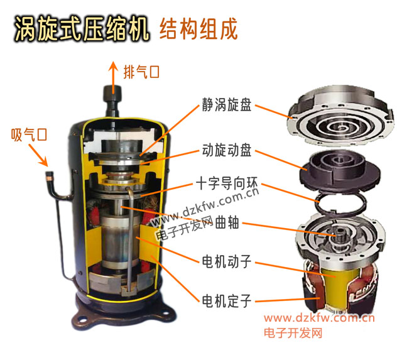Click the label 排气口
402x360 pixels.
coord(141,72)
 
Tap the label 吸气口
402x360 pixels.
coord(29,134)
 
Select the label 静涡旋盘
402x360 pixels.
coord(227,105)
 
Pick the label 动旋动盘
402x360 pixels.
coord(227,150)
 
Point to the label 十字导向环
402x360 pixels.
coord(227,183)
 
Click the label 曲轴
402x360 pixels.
coord(227,222)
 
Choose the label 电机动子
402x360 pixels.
coord(227,261)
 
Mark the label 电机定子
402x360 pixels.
coord(227,301)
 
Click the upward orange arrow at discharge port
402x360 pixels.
coord(113,77)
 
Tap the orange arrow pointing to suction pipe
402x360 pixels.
coord(38,155)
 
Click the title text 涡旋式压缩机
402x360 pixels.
coord(82,29)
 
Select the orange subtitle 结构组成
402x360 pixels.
coord(198,29)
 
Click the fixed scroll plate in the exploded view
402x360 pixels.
coord(340,117)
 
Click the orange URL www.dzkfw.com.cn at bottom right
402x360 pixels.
coord(319,318)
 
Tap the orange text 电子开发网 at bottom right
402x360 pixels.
coord(293,332)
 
